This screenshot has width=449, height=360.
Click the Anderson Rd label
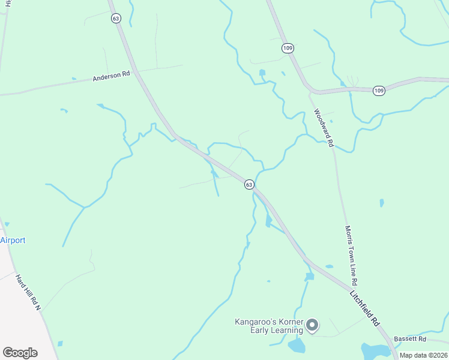(x=111, y=76)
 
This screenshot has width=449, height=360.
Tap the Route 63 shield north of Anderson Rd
(x=116, y=19)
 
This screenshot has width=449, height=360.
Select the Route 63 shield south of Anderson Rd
(x=249, y=185)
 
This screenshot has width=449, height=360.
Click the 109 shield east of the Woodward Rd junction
(x=378, y=91)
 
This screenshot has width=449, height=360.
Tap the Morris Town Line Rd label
(x=351, y=256)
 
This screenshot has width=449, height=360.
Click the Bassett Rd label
(x=409, y=340)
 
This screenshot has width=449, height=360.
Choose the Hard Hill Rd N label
(x=28, y=292)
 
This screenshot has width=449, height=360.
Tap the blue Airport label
(x=13, y=241)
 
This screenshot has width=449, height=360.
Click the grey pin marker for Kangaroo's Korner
(x=312, y=326)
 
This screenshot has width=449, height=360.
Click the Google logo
(x=20, y=353)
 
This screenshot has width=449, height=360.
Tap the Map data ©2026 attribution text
(x=423, y=355)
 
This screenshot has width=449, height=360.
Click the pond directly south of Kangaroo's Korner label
(x=296, y=346)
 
